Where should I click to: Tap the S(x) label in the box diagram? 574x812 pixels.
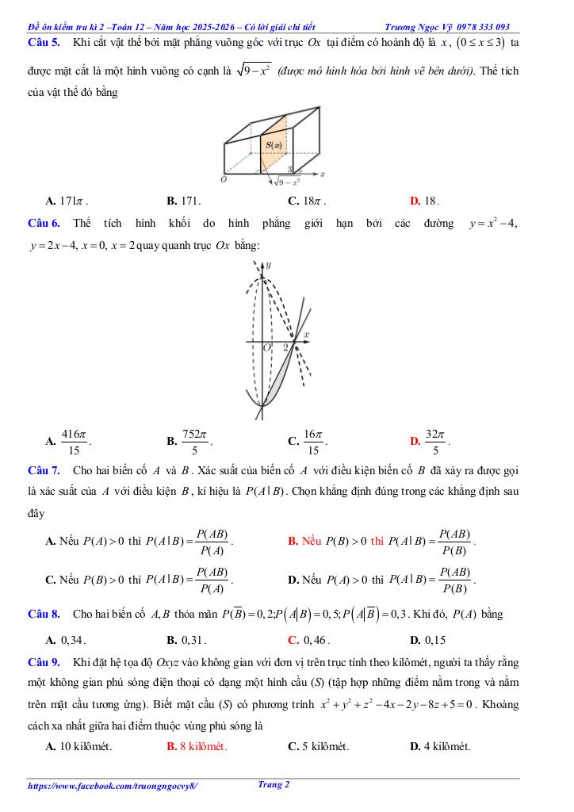pos(273,145)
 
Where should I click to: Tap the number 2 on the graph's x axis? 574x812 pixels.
pos(285,347)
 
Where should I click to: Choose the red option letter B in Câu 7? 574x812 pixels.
pos(293,542)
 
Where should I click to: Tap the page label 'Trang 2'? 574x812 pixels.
pos(274,785)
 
